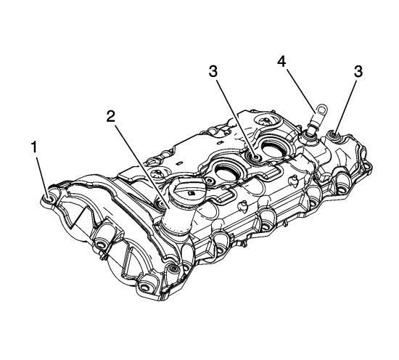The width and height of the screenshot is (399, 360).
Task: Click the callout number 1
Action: coord(34,147)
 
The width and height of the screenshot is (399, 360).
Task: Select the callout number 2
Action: coord(110,117)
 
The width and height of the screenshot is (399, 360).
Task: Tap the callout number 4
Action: coord(281,62)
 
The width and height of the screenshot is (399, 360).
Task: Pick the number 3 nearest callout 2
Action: coord(213,72)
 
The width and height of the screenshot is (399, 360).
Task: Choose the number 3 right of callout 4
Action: coord(358,72)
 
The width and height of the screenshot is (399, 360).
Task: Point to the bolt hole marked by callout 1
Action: coord(48,197)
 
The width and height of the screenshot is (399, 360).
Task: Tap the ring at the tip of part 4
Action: coord(322,109)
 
